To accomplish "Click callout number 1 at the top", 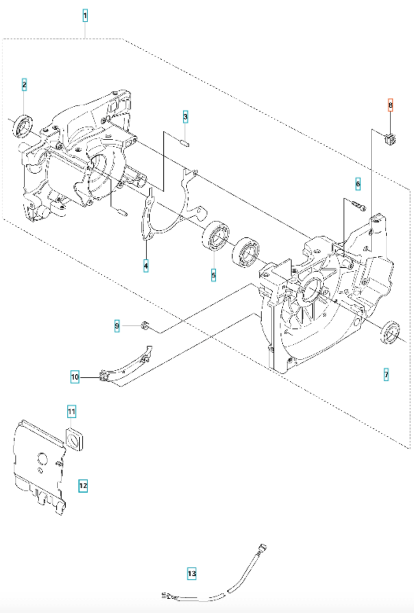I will tap(85, 16).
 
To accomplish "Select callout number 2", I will tap(24, 84).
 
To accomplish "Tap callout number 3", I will tap(185, 116).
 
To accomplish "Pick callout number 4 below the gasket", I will tap(146, 266).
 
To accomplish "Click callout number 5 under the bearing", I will tap(213, 275).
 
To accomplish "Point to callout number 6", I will tap(358, 184).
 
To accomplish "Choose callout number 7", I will tap(386, 375).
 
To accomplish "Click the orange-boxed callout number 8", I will tap(390, 105).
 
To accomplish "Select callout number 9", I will tap(117, 326).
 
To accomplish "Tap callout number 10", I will tap(75, 377).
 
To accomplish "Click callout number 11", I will tap(71, 411).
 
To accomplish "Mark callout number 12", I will tap(83, 486).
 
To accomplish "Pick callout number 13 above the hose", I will tap(192, 574).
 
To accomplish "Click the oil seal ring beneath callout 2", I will tap(22, 126).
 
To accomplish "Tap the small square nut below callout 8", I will tap(389, 139).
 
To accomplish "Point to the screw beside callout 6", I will tap(358, 205).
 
